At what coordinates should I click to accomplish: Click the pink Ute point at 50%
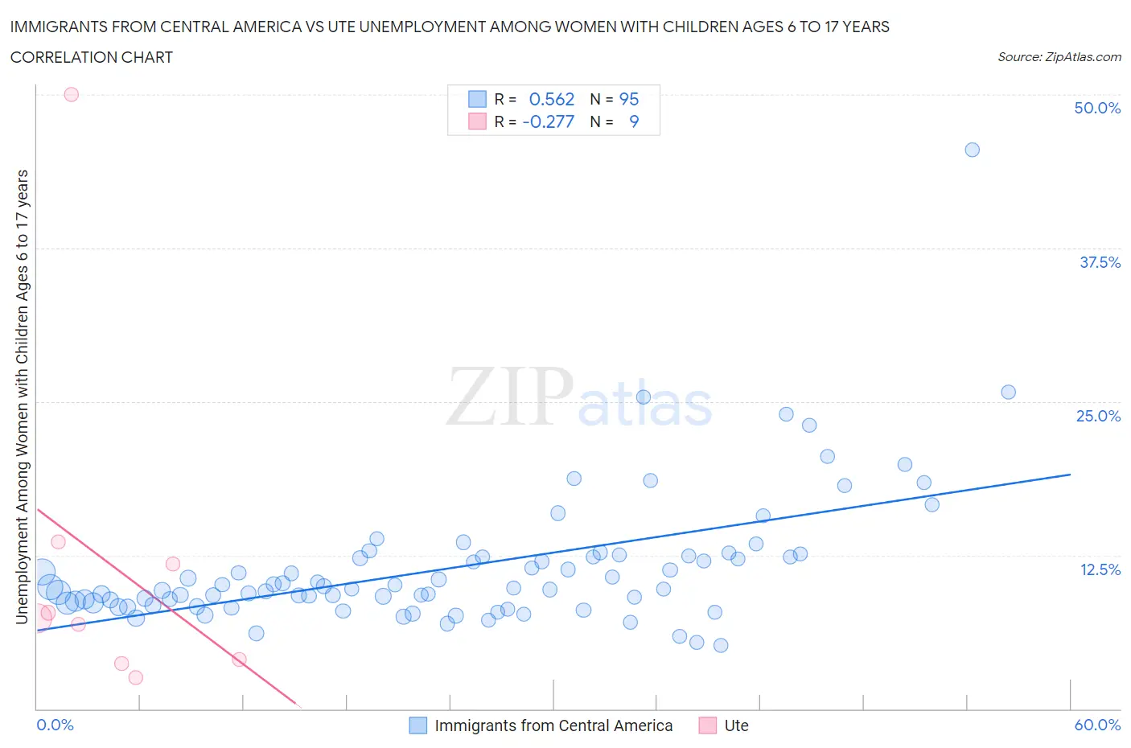point(71,94)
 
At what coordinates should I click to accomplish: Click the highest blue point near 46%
point(972,150)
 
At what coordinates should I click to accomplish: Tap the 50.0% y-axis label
point(1096,108)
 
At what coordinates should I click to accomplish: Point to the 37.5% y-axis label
point(1099,262)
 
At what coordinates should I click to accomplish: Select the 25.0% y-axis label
point(1097,416)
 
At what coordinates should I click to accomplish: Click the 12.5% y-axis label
point(1099,569)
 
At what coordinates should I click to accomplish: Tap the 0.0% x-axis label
point(55,725)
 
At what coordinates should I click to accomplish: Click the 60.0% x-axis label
point(1096,725)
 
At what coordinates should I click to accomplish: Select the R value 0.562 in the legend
point(551,99)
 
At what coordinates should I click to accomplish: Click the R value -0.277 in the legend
point(548,121)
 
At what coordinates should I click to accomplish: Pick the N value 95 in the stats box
point(628,99)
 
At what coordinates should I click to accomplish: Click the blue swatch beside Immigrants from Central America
point(417,725)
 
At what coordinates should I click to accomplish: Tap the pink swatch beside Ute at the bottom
point(707,725)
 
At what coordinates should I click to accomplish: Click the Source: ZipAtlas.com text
point(1059,56)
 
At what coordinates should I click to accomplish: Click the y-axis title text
point(22,397)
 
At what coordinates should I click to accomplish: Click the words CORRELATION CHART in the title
point(91,57)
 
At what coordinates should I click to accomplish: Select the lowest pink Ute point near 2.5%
point(135,677)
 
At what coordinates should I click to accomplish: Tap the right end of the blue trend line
point(1070,475)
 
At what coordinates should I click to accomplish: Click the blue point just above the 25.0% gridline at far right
point(1008,392)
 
